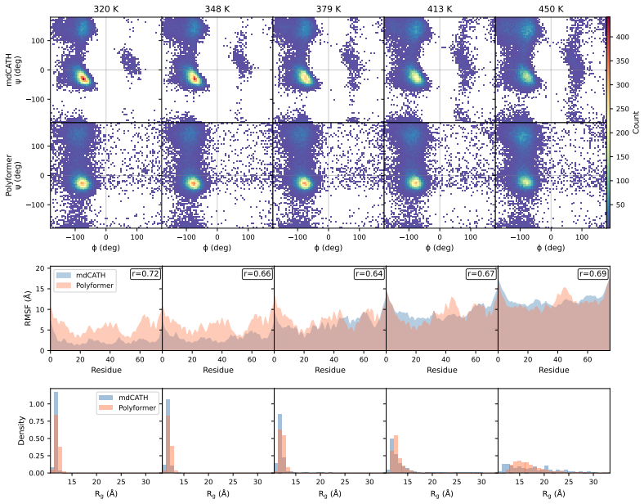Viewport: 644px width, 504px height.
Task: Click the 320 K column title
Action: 106,9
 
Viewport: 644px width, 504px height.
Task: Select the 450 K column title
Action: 551,9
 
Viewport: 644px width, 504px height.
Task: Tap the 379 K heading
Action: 329,9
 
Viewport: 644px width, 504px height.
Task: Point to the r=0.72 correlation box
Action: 145,274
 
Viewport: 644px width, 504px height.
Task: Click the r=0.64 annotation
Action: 369,274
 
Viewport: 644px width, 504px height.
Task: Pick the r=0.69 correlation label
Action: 593,274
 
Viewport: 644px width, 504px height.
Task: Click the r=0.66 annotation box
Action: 257,274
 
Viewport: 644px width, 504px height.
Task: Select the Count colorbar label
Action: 636,122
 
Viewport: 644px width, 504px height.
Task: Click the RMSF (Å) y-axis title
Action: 28,308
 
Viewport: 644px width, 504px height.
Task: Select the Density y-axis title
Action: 21,430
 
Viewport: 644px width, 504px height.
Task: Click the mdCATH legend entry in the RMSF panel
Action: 83,275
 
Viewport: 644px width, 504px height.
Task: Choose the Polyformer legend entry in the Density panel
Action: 127,407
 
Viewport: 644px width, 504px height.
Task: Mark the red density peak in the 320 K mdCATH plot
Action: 83,78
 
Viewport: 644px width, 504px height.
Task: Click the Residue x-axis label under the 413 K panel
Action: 442,370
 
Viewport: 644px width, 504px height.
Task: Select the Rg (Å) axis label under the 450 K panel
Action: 553,493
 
